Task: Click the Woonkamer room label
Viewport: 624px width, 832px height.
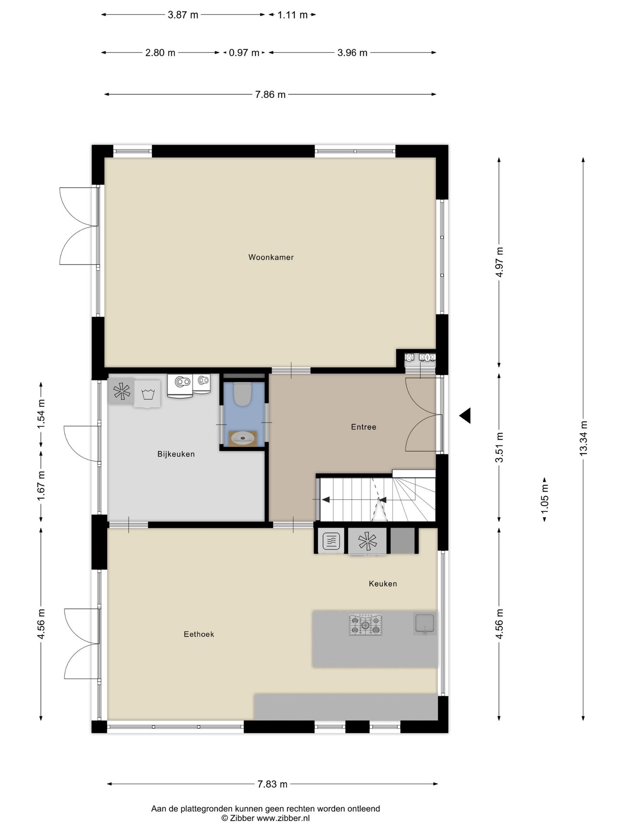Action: click(271, 257)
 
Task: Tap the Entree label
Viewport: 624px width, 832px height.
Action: click(363, 427)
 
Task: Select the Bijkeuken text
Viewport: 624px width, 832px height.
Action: click(176, 454)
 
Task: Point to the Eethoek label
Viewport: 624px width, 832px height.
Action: click(199, 634)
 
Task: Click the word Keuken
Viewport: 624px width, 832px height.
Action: click(383, 584)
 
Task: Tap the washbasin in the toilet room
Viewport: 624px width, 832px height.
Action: click(242, 439)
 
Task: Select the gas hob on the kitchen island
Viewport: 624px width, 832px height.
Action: click(365, 624)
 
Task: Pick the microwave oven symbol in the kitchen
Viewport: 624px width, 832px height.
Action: click(331, 541)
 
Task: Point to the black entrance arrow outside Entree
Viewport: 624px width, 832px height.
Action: click(465, 416)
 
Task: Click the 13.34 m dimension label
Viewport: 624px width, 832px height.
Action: click(583, 438)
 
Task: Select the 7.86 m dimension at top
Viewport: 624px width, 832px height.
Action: click(270, 94)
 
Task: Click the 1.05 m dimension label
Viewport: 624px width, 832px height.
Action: click(545, 500)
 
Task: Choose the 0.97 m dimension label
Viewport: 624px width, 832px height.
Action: click(244, 53)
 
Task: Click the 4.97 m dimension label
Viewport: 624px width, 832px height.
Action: click(499, 262)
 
